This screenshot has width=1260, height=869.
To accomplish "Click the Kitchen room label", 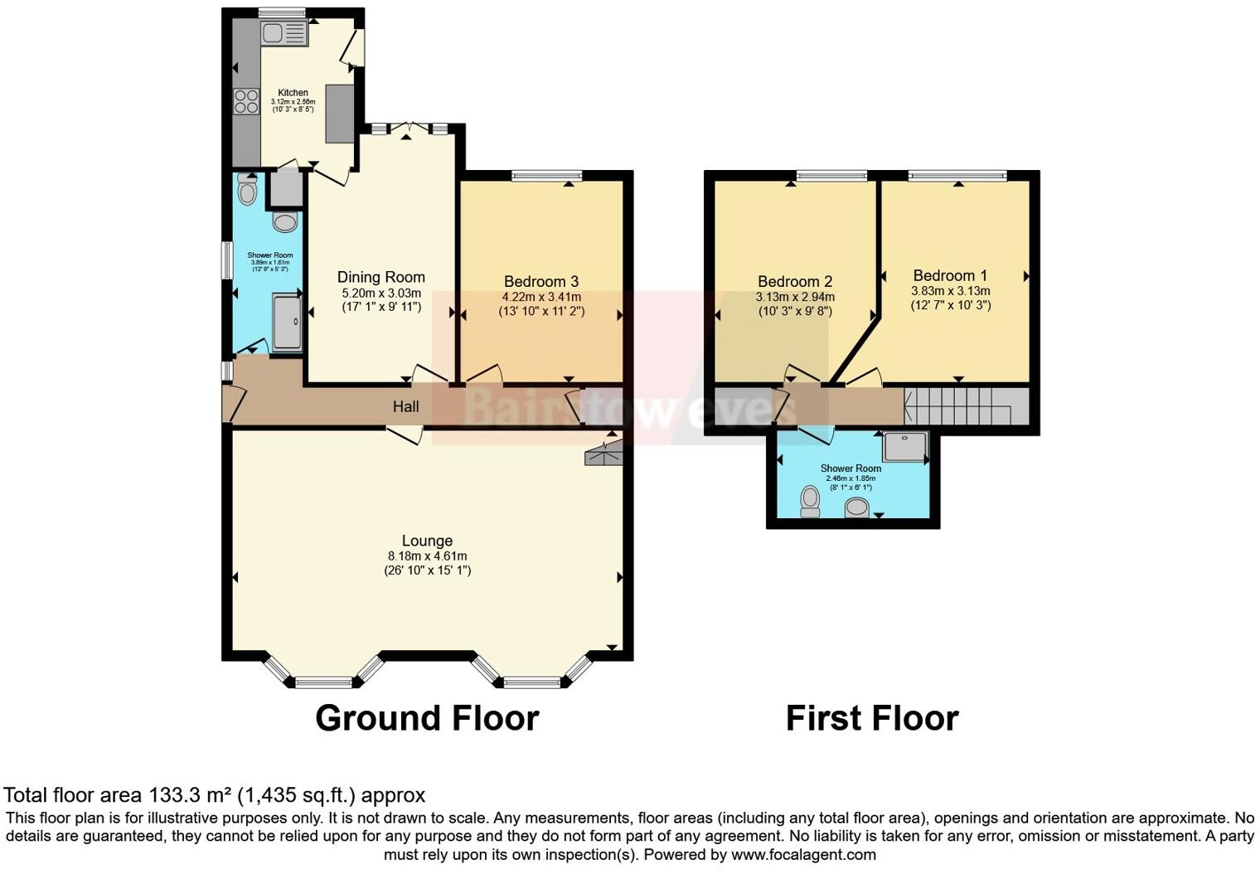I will tap(293, 93).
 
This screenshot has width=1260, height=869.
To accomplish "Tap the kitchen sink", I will tap(283, 33).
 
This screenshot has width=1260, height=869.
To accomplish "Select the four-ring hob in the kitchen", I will tap(246, 101).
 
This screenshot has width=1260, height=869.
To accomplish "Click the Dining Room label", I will tap(380, 277).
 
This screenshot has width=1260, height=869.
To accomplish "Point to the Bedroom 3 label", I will tap(540, 282).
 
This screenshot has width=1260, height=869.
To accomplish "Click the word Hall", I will tap(405, 406).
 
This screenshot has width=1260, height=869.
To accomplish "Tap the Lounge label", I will tap(427, 541).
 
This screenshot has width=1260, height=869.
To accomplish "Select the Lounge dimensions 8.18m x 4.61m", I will tap(427, 556).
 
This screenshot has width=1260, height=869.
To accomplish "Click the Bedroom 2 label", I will tap(794, 282).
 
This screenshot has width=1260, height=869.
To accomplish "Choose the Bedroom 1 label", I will tap(950, 275).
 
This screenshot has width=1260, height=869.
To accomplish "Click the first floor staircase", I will tap(966, 406).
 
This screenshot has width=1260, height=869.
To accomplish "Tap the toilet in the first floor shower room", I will tap(810, 501).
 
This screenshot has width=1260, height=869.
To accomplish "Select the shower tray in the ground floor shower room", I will tap(287, 322).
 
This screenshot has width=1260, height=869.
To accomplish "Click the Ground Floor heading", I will tap(427, 718).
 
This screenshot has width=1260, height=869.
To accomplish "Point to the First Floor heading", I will tap(871, 718).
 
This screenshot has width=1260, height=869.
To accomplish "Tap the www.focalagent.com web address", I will tap(803, 855).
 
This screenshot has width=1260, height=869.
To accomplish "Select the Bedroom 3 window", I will tap(546, 175).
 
